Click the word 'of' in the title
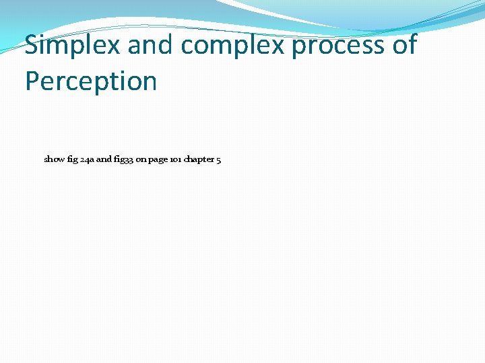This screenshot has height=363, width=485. click(x=403, y=46)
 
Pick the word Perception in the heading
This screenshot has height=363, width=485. click(x=91, y=82)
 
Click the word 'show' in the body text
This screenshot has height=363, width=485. click(x=55, y=160)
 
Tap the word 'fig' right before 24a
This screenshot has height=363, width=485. click(x=72, y=160)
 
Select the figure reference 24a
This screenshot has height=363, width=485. click(x=87, y=160)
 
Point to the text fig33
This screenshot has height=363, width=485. click(x=124, y=160)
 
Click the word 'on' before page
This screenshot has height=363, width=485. click(x=141, y=160)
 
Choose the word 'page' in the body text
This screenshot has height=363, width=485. click(x=158, y=161)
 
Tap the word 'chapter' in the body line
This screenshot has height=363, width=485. click(x=199, y=160)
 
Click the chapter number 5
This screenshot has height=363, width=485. click(x=219, y=160)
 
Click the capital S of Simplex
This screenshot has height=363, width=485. click(x=32, y=46)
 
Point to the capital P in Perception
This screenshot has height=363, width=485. click(x=32, y=81)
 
